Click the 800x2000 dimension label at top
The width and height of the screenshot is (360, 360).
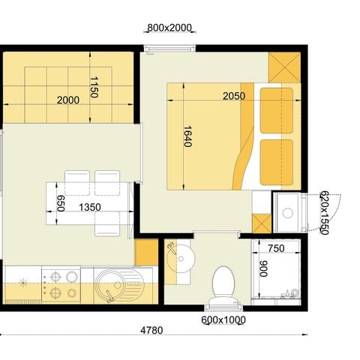coord(170,28)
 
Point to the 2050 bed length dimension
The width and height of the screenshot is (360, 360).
coord(235,96)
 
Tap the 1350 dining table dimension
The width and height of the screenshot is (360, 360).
coord(90,206)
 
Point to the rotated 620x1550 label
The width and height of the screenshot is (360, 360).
coord(324,212)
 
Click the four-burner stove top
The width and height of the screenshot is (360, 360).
coord(61,284)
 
